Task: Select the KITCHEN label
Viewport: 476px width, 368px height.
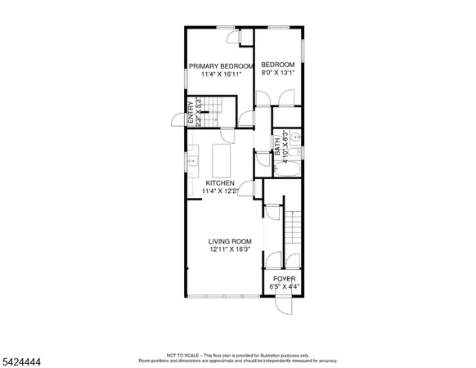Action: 220,183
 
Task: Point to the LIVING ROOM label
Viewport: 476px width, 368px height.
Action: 230,240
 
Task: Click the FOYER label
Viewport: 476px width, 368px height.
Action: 284,279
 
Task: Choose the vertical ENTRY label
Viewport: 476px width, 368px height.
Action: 190,110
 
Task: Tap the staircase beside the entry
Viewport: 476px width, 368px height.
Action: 214,106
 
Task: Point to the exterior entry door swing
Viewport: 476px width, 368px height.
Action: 175,119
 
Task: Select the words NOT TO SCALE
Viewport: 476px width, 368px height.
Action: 181,356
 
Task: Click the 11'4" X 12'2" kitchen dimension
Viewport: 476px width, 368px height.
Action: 220,191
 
